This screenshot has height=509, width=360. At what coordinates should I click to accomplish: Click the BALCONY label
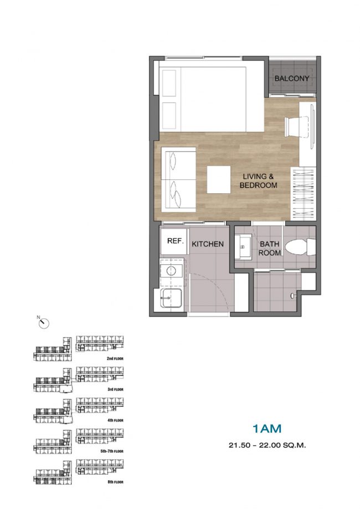[x=291, y=78]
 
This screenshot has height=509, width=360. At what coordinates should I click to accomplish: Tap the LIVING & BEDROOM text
[x=259, y=181]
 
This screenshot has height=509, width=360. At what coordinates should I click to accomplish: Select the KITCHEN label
[x=208, y=244]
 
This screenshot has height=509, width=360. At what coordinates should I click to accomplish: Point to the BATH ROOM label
[x=269, y=248]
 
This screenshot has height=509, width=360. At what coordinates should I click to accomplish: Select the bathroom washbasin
[x=243, y=248]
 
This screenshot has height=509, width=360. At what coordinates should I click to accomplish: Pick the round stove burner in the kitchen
[x=171, y=270]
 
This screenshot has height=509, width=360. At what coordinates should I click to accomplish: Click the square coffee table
[x=219, y=180]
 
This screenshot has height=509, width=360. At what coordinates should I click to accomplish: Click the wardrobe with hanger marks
[x=302, y=194]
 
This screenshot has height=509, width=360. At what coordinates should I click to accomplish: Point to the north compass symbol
[x=44, y=323]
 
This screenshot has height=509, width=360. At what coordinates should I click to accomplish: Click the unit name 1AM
[x=267, y=429]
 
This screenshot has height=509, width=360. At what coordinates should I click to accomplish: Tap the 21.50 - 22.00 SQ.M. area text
[x=268, y=445]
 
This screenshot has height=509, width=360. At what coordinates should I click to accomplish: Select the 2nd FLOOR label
[x=115, y=359]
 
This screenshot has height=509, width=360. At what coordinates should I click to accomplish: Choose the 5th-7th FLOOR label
[x=112, y=451]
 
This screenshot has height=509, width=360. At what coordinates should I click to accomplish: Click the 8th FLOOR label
[x=115, y=482]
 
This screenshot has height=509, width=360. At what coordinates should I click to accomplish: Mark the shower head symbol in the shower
[x=293, y=295]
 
